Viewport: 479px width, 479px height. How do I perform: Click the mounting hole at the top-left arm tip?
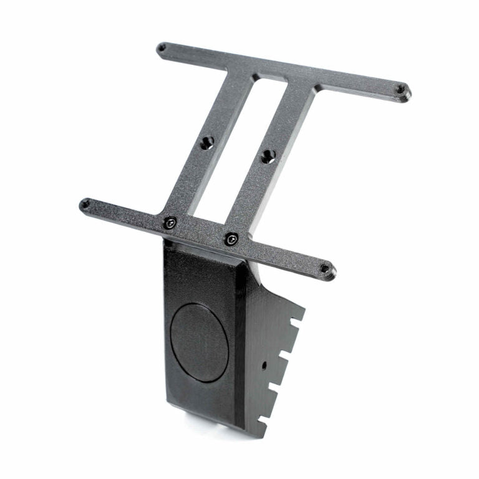(x=162, y=47)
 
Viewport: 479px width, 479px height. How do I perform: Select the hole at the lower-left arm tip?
(x=85, y=203)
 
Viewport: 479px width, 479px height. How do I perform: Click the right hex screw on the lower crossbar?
(x=231, y=238)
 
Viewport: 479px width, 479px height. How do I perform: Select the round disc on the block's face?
(x=200, y=342)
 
